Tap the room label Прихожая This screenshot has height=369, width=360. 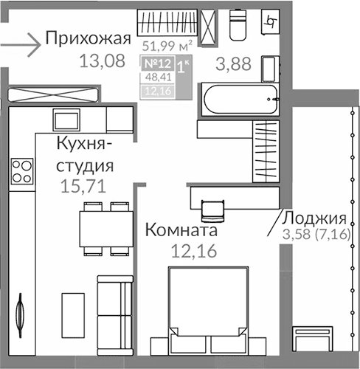pyautogui.click(x=88, y=38)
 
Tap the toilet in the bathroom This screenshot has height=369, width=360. pyautogui.click(x=238, y=27)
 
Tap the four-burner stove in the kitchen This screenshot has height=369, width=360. pyautogui.click(x=21, y=171)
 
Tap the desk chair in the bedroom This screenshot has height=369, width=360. pyautogui.click(x=212, y=209)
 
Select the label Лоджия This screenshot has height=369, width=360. pyautogui.click(x=315, y=218)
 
